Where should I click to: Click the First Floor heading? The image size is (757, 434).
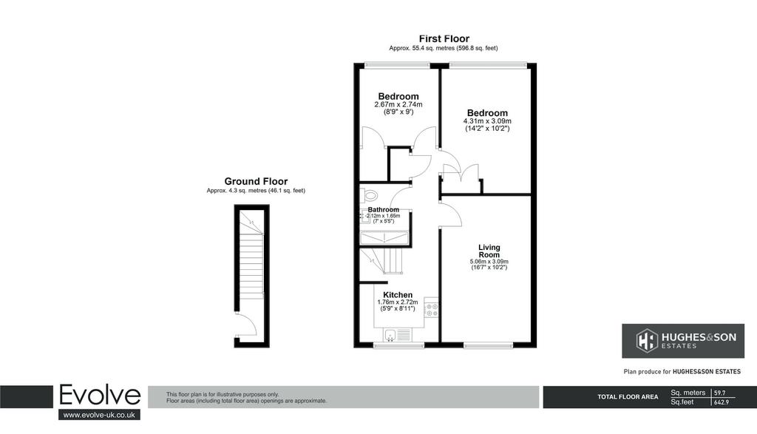tap(444, 38)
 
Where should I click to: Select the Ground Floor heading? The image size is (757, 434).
tap(256, 182)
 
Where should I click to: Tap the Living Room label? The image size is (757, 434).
tap(489, 251)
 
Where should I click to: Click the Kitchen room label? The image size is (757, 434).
tap(398, 295)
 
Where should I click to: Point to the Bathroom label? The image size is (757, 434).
tap(384, 209)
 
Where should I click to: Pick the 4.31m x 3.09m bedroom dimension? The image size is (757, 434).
tap(487, 121)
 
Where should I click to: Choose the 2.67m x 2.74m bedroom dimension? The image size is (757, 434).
tap(398, 104)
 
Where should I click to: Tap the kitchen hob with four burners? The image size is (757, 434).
tap(432, 310)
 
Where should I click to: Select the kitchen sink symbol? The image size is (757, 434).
tap(398, 334)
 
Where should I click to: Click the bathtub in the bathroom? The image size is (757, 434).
tap(384, 238)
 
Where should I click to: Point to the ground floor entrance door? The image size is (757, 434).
tap(247, 325)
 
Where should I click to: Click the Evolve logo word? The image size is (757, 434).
tap(100, 396)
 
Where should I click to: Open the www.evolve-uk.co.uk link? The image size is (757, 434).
tap(99, 415)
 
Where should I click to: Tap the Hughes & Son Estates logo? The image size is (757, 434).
tap(682, 341)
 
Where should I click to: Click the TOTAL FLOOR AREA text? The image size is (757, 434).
tap(628, 397)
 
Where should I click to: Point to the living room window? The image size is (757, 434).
tap(488, 345)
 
